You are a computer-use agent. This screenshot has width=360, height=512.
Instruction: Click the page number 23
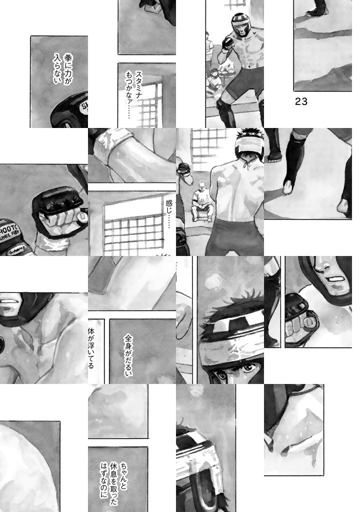point(301,101)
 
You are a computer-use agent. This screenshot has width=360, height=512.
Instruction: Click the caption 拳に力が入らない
point(62,69)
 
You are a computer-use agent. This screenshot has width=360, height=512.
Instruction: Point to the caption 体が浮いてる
point(91,348)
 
